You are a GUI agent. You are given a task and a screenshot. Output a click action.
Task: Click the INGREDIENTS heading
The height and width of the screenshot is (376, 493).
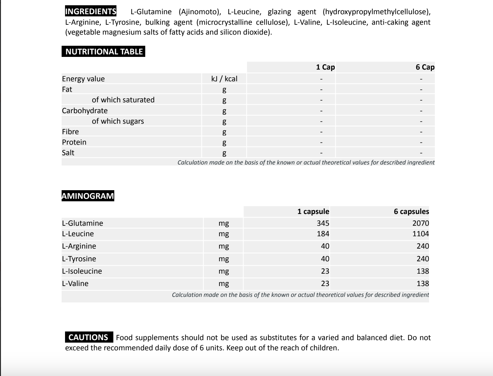click(91, 12)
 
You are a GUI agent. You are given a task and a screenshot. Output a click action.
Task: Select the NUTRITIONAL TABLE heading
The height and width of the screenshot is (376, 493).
click(104, 52)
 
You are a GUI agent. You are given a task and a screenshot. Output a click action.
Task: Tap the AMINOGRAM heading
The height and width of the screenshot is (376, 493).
click(88, 196)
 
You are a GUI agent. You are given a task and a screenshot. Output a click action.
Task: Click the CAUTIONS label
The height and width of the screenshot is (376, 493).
click(88, 337)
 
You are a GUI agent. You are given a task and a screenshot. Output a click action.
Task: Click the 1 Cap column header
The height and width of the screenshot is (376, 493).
click(325, 67)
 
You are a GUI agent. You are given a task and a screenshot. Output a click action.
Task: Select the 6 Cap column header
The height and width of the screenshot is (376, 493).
click(425, 67)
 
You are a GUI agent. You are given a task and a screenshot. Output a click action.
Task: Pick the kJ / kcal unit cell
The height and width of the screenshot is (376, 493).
click(224, 79)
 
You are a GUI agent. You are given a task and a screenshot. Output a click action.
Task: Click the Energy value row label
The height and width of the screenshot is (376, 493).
click(83, 79)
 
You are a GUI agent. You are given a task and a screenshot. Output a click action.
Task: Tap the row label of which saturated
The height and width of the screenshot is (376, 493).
click(123, 100)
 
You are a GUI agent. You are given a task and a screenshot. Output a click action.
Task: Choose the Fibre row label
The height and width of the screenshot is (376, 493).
click(70, 132)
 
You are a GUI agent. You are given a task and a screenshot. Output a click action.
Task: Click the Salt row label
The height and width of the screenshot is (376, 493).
click(68, 153)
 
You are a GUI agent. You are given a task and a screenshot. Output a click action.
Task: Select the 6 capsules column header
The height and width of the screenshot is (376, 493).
click(411, 211)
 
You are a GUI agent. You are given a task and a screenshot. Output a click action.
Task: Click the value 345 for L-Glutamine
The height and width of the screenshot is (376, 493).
click(323, 223)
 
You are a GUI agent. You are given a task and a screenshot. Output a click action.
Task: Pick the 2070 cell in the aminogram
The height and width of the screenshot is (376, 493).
click(421, 223)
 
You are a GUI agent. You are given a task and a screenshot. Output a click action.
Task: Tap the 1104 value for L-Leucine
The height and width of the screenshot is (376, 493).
click(421, 234)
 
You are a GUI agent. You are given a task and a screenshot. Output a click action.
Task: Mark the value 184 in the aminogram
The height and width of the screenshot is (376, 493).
click(323, 234)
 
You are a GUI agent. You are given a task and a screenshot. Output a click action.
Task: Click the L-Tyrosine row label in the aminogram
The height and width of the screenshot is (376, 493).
click(79, 259)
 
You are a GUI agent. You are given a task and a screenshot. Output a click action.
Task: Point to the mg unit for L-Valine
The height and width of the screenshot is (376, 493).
click(224, 284)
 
